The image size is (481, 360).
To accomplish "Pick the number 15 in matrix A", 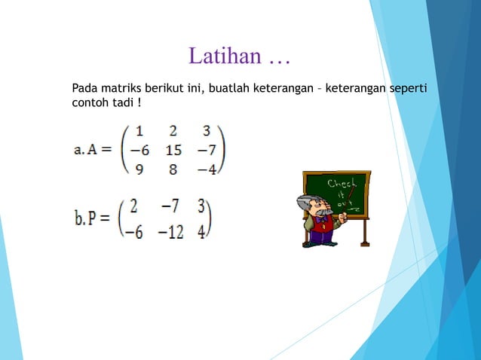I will [x=173, y=150].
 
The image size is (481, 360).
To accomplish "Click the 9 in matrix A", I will [x=139, y=169].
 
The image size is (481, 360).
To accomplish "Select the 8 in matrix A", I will [x=173, y=169].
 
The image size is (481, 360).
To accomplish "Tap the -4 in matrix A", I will [x=207, y=169].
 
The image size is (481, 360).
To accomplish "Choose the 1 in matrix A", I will [x=139, y=131].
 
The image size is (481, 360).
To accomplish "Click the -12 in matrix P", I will [x=171, y=232].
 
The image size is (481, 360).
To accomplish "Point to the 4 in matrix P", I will [x=201, y=232].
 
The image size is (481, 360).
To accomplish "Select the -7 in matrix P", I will [x=170, y=206].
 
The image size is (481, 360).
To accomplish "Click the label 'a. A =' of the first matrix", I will [x=93, y=150].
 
